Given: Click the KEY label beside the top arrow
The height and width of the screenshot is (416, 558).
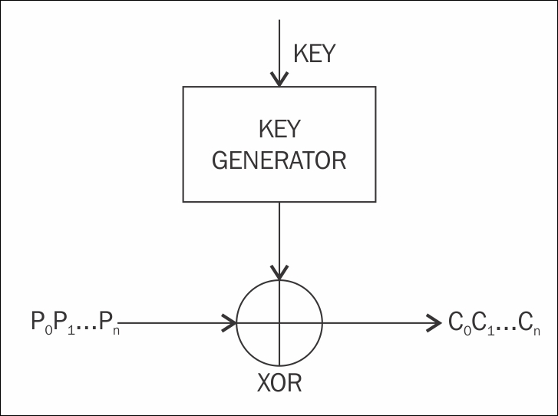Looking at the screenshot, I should (315, 54).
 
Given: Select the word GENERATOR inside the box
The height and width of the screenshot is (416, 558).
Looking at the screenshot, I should (279, 160).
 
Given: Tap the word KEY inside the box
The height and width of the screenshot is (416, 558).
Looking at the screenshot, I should (279, 126).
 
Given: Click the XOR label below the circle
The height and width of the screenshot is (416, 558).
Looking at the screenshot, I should (280, 381).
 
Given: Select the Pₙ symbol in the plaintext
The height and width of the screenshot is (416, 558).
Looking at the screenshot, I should (112, 323).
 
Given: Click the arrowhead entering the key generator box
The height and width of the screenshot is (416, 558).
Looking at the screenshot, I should (279, 78).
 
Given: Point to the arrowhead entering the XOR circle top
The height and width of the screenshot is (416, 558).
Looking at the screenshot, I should (279, 272).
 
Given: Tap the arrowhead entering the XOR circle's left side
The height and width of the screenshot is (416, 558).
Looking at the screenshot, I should (229, 323).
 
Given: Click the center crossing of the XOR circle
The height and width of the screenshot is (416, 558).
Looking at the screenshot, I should (279, 323).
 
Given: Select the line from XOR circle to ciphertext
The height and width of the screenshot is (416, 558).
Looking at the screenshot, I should (376, 323).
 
